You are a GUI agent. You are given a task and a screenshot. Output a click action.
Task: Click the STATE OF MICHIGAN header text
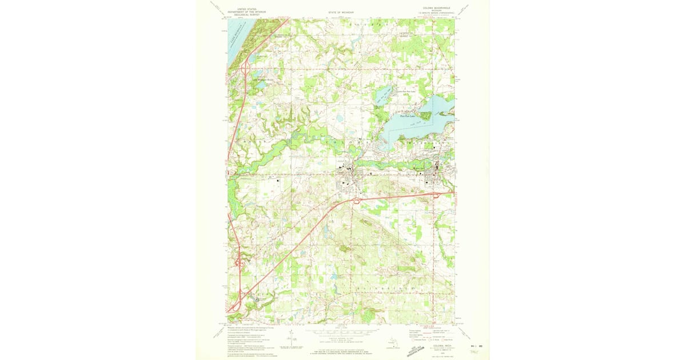(x=341, y=12)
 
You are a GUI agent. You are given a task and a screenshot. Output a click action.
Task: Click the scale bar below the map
(x=342, y=331)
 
